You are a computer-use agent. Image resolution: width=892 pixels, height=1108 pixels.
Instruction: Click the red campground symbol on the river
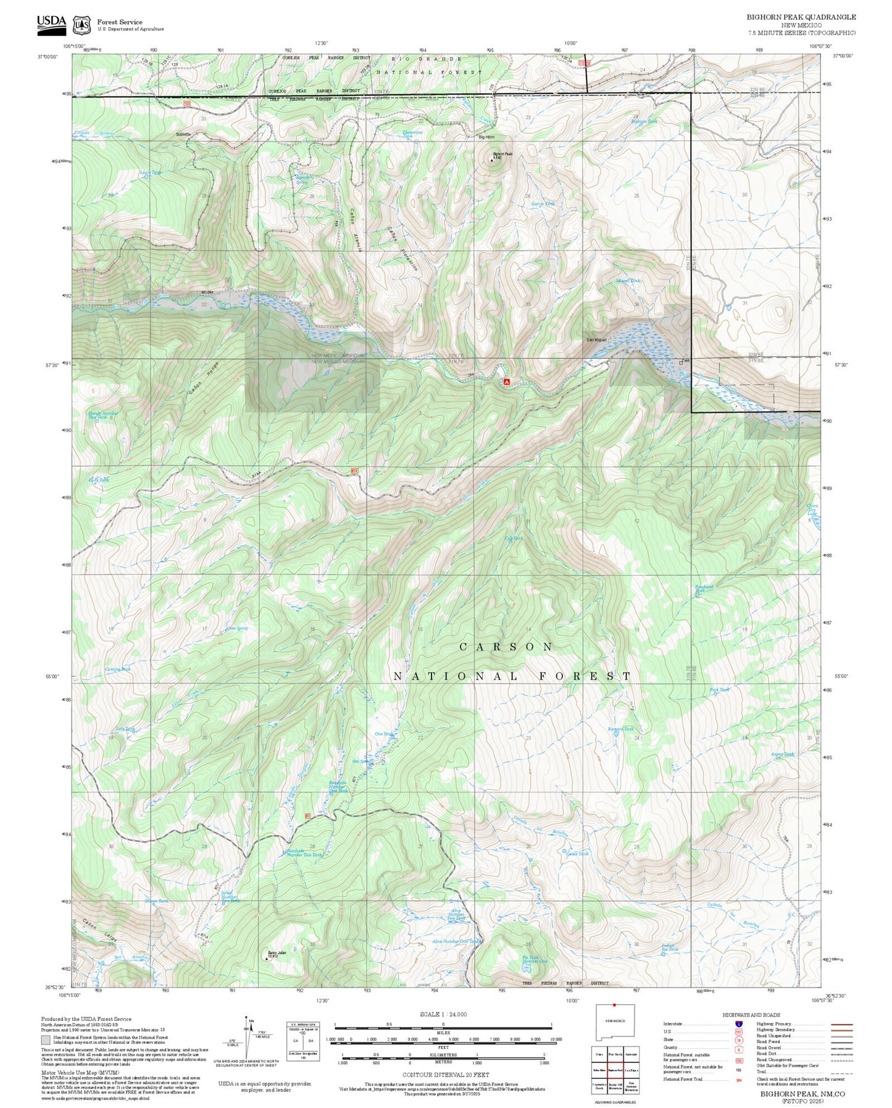pos(507,382)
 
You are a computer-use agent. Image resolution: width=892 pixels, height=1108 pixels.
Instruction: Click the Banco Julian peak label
pos(277,954)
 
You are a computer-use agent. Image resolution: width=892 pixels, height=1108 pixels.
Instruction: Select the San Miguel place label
pos(596,340)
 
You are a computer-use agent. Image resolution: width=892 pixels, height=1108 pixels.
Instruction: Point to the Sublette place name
pos(183,134)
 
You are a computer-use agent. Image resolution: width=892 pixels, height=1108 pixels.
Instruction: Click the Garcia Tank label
pos(543,203)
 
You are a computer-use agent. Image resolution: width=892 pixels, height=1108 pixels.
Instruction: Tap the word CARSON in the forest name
pos(507,647)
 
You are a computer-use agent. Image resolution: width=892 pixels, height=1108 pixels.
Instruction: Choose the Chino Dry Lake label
pos(812,510)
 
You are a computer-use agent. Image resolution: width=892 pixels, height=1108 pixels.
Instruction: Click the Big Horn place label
pos(486,137)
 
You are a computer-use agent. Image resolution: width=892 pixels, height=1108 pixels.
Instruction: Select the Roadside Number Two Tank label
pos(304,855)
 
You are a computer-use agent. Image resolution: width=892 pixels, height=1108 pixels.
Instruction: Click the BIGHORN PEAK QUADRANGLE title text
pos(801,17)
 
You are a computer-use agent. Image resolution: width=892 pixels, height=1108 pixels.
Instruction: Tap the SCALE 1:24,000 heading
pos(443,1014)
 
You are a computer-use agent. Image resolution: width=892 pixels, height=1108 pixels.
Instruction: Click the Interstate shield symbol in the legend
pos(738,1023)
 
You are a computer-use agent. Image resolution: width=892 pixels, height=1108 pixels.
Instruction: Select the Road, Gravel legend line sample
pos(841,1049)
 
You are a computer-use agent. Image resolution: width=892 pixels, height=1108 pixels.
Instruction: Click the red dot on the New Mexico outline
pos(614,1005)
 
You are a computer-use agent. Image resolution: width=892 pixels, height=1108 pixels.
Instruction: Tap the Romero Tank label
pos(620,729)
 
